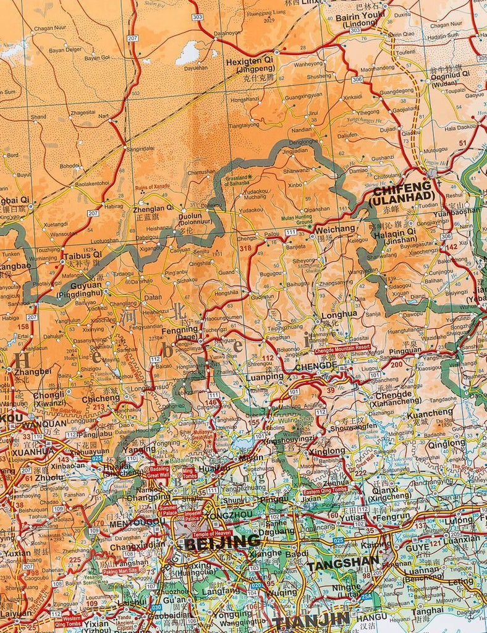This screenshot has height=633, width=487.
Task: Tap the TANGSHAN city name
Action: pyautogui.click(x=343, y=564)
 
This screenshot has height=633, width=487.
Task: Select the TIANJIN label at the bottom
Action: pyautogui.click(x=311, y=621)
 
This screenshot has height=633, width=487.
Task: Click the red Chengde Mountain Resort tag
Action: pyautogui.click(x=342, y=348)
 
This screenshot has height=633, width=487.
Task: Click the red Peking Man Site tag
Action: pyautogui.click(x=118, y=572)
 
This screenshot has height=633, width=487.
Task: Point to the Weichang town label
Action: pyautogui.click(x=335, y=229)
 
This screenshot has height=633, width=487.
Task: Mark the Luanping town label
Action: pyautogui.click(x=265, y=376)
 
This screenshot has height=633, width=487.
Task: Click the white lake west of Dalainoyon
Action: pyautogui.click(x=188, y=53)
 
